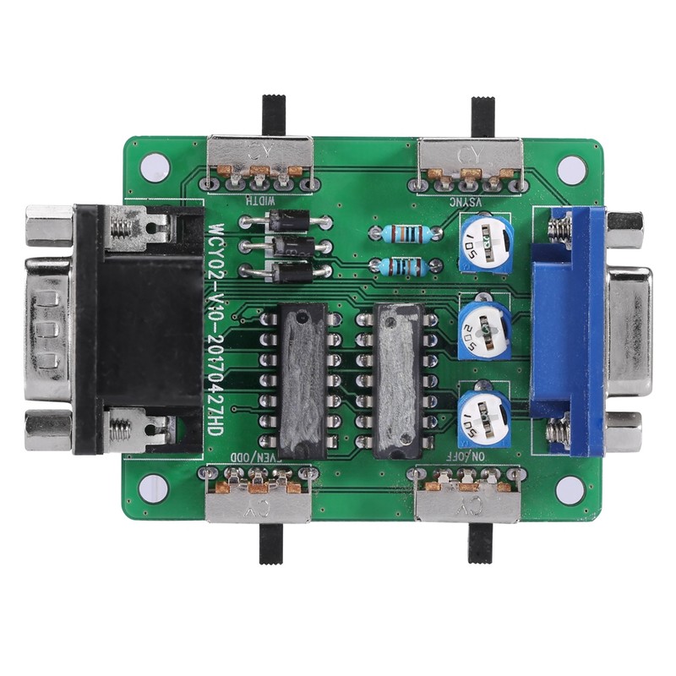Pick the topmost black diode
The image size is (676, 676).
pyautogui.click(x=285, y=221)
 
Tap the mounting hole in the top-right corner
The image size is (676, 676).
pyautogui.click(x=571, y=166)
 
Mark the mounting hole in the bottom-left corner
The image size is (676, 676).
pyautogui.click(x=153, y=485)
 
